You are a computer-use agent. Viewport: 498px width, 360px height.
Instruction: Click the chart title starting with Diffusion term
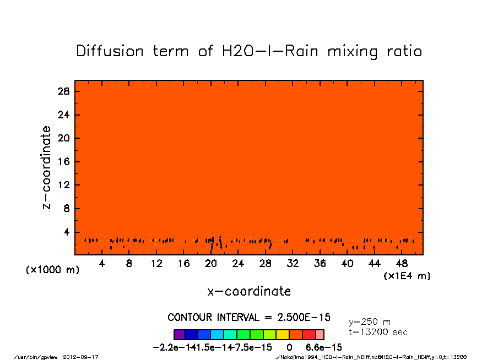pyautogui.click(x=249, y=51)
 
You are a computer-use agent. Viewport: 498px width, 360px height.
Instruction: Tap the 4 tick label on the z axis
pyautogui.click(x=67, y=232)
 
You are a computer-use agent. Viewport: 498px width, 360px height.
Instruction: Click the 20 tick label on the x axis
pyautogui.click(x=211, y=264)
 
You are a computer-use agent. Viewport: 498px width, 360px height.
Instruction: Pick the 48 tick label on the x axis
pyautogui.click(x=402, y=264)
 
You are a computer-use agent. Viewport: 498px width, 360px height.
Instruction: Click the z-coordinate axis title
pyautogui.click(x=46, y=167)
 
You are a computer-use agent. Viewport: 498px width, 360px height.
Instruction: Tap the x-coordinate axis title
pyautogui.click(x=249, y=291)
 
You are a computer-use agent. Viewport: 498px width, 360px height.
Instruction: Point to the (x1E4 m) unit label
pyautogui.click(x=407, y=275)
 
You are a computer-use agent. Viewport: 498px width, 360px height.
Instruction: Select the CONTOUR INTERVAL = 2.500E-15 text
pyautogui.click(x=249, y=318)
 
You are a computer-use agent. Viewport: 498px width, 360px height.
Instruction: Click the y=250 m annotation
pyautogui.click(x=370, y=322)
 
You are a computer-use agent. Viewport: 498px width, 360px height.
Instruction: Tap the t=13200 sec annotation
pyautogui.click(x=378, y=332)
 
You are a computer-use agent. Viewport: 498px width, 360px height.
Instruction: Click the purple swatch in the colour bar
pyautogui.click(x=178, y=334)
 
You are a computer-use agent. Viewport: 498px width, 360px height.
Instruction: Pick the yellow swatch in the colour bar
pyautogui.click(x=282, y=334)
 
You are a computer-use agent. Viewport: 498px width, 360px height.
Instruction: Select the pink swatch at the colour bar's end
pyautogui.click(x=320, y=334)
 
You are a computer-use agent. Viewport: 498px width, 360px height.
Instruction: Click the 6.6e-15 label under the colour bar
pyautogui.click(x=324, y=347)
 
